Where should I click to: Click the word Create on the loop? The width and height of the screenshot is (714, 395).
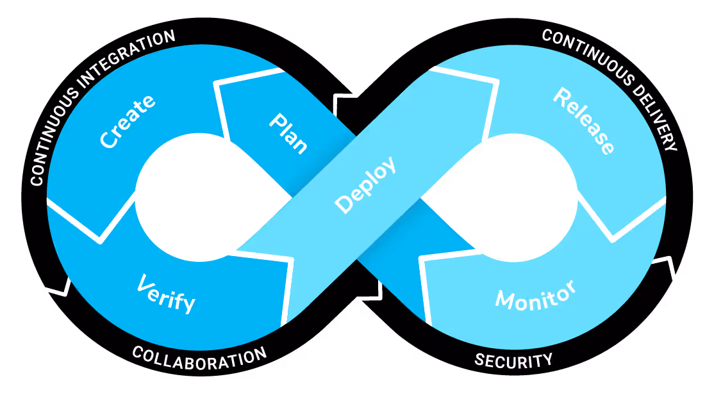pyautogui.click(x=128, y=121)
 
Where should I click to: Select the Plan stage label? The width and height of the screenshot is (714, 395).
pyautogui.click(x=288, y=133)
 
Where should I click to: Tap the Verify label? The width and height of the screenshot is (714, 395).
pyautogui.click(x=166, y=294)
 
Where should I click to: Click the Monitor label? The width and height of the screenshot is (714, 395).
pyautogui.click(x=535, y=296)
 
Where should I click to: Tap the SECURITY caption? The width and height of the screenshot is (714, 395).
pyautogui.click(x=513, y=360)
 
